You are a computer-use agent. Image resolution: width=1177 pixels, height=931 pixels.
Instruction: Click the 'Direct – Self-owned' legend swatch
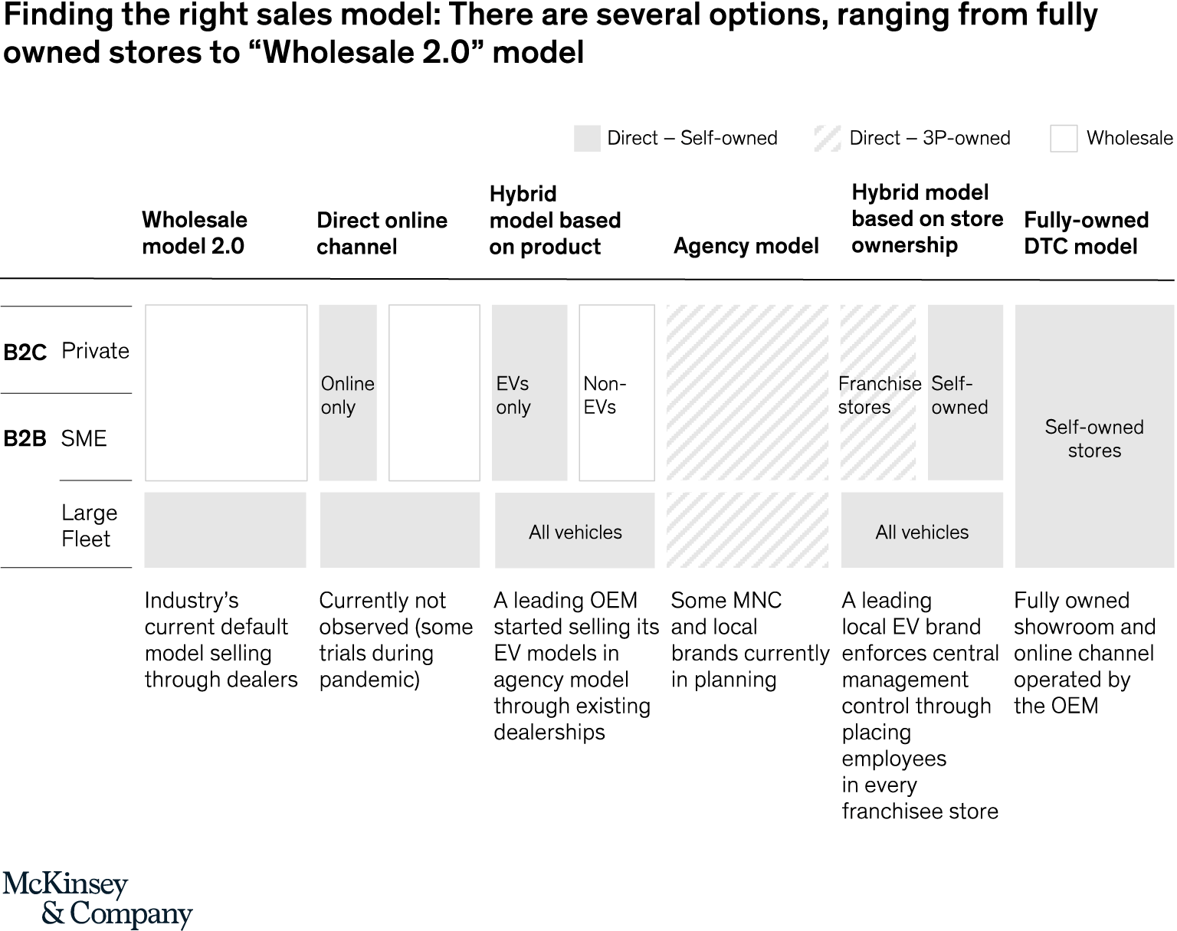(x=587, y=139)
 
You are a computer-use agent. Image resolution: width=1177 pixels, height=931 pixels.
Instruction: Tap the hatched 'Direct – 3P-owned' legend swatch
(x=828, y=139)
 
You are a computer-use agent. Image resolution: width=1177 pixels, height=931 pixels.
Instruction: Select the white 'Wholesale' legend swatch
(x=1064, y=139)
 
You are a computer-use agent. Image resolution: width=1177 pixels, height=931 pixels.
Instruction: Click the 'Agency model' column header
(x=746, y=246)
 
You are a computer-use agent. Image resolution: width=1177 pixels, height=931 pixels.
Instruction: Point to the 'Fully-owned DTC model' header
(x=1087, y=233)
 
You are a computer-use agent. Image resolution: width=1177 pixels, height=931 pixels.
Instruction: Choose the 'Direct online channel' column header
(x=382, y=234)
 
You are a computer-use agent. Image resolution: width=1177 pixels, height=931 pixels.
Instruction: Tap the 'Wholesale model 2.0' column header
(x=194, y=233)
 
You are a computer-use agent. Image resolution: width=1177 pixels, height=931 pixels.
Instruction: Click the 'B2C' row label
(x=25, y=352)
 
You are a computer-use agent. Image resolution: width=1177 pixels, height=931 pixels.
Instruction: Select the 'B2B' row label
(x=25, y=439)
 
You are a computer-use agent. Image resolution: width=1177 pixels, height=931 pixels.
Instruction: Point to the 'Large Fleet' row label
(x=89, y=526)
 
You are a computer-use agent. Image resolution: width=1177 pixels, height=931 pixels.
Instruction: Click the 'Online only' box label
(x=348, y=395)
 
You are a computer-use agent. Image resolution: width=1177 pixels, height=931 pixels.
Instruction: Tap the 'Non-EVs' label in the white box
(x=605, y=395)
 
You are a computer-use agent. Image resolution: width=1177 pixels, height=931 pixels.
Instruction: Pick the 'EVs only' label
(x=513, y=395)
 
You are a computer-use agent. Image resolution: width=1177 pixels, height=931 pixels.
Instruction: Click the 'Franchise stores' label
(x=880, y=395)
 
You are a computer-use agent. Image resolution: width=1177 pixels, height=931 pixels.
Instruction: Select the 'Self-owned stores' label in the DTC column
(x=1094, y=439)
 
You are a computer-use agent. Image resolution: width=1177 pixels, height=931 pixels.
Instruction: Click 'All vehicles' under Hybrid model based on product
(x=575, y=533)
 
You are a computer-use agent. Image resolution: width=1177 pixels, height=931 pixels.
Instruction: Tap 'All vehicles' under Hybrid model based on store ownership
(x=922, y=533)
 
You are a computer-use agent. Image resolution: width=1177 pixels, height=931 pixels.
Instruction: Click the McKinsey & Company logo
(x=97, y=900)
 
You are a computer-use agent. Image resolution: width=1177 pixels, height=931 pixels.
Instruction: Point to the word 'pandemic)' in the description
(x=369, y=680)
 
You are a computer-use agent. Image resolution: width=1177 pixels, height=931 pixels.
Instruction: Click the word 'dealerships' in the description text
(x=549, y=732)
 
